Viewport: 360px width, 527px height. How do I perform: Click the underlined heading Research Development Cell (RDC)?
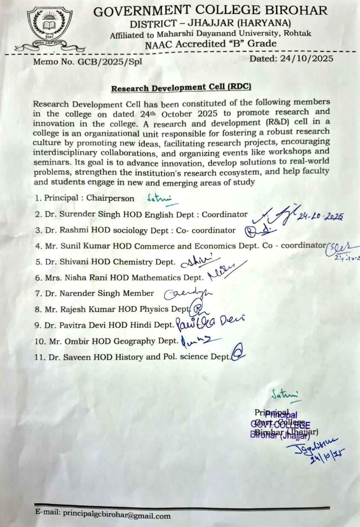point(181,88)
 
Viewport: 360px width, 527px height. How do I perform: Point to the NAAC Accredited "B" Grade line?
point(210,44)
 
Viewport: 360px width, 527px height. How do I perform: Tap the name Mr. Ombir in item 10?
point(71,341)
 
